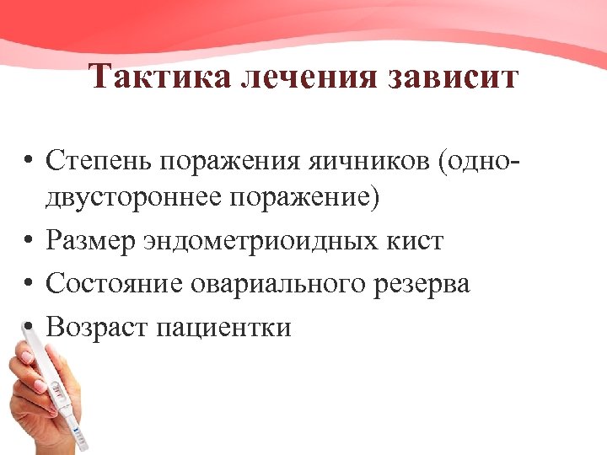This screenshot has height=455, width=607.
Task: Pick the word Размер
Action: pyautogui.click(x=93, y=241)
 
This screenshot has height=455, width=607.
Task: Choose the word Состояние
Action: pyautogui.click(x=113, y=283)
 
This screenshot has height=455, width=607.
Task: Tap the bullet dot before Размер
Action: pyautogui.click(x=29, y=243)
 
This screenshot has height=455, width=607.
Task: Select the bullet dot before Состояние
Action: pyautogui.click(x=29, y=285)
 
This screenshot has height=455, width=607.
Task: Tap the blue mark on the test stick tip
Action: pyautogui.click(x=81, y=436)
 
